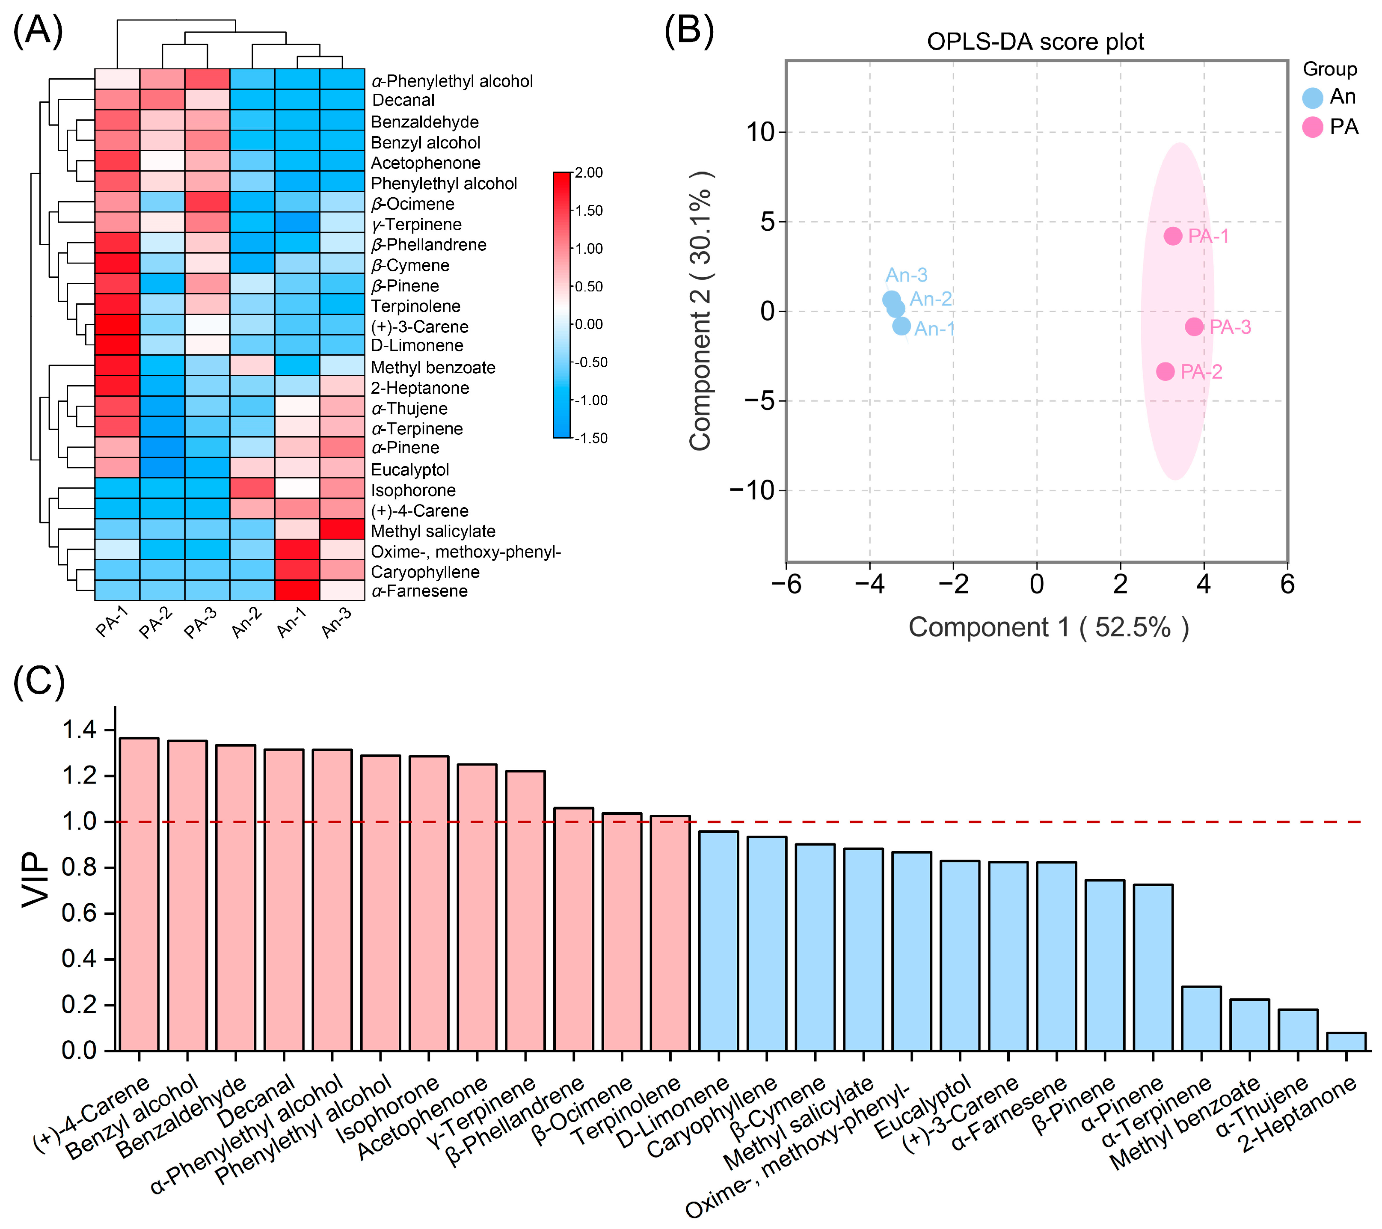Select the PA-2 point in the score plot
[x=1165, y=371]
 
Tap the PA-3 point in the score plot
[x=1194, y=327]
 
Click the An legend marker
[x=1312, y=98]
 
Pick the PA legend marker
[x=1312, y=127]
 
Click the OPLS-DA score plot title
[x=1035, y=42]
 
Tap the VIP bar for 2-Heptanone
[x=1346, y=1041]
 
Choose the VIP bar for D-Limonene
[x=718, y=940]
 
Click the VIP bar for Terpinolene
[x=670, y=933]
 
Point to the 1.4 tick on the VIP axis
[x=79, y=730]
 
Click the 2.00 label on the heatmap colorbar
[x=589, y=173]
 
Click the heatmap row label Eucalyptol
[x=410, y=469]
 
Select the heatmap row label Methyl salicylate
[x=433, y=531]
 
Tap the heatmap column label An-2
[x=247, y=622]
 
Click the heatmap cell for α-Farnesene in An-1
[x=297, y=591]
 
